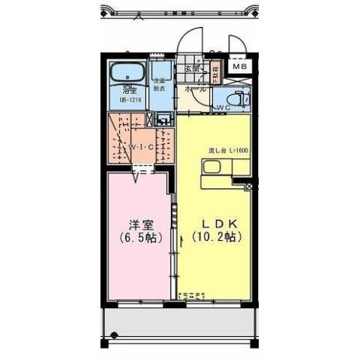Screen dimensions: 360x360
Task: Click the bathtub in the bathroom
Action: tap(127, 76)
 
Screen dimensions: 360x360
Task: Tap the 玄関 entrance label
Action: tap(192, 68)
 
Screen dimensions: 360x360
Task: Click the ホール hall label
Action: tap(192, 88)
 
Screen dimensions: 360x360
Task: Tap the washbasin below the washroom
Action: tap(162, 118)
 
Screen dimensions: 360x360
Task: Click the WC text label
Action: tap(223, 108)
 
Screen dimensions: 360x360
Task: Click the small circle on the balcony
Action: tap(115, 334)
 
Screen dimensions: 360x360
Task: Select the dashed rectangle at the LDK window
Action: tap(193, 294)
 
